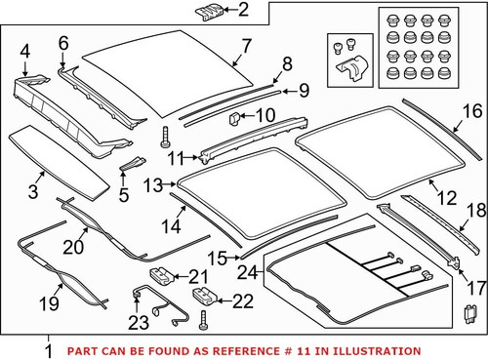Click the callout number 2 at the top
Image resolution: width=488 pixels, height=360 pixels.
(243, 12)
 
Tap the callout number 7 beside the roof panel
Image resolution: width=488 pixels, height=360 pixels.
(246, 45)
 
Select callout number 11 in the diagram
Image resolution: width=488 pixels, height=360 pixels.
(176, 157)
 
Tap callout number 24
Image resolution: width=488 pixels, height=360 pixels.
(249, 273)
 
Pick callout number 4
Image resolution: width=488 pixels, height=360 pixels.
(24, 50)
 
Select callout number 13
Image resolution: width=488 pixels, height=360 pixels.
(152, 183)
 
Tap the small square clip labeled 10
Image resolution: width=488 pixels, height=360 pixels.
(234, 119)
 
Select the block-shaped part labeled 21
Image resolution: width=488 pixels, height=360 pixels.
(163, 277)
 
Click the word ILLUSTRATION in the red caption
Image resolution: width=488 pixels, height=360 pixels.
(377, 350)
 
